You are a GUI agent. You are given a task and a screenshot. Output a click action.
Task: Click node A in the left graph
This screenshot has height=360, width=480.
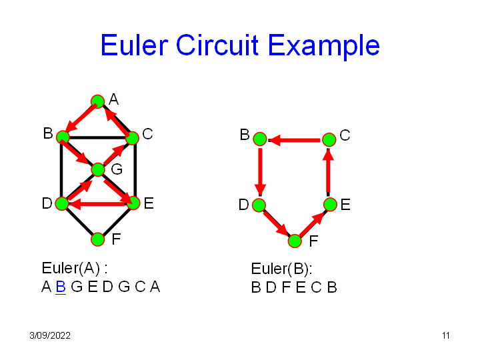(x=97, y=101)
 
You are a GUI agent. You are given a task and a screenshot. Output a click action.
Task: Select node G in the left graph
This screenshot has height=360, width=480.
(x=98, y=169)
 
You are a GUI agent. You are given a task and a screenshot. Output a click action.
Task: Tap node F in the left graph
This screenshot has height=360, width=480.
(x=97, y=239)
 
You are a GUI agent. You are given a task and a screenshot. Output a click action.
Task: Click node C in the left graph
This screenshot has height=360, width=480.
(x=132, y=138)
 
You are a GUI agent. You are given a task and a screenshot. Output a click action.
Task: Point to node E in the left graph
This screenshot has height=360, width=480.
(x=133, y=203)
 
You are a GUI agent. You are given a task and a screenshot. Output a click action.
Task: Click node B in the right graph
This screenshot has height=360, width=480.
(x=260, y=139)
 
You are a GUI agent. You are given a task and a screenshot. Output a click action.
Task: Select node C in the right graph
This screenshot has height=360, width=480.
(x=329, y=139)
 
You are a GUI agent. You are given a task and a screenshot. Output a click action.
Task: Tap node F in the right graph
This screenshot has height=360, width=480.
(x=295, y=241)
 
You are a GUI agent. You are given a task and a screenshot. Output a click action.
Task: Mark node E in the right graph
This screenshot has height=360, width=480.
(x=329, y=204)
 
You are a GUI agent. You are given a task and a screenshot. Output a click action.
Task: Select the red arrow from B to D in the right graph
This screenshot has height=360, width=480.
(x=260, y=171)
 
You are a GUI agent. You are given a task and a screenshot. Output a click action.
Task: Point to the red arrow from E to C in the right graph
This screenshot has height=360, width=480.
(x=329, y=171)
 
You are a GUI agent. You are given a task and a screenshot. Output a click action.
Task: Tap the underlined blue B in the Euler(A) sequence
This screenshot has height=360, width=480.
(x=60, y=287)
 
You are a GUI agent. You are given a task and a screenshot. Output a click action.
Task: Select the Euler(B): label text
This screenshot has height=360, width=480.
(x=281, y=269)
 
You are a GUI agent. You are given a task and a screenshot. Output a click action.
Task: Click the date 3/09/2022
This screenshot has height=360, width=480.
(x=50, y=335)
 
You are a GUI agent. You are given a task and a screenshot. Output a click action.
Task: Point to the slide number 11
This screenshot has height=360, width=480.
(x=445, y=335)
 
